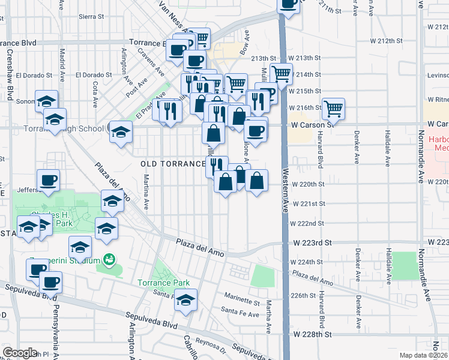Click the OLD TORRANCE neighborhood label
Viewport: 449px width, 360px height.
(x=173, y=164)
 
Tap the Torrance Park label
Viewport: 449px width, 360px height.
(x=164, y=283)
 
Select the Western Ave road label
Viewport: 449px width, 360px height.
(x=284, y=209)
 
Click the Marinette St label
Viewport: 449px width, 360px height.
(x=241, y=296)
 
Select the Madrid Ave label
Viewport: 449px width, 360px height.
(x=61, y=61)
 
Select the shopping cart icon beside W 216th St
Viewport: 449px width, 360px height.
(x=333, y=109)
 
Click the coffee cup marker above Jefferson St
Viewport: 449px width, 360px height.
(x=49, y=179)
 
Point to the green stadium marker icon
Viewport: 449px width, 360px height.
(x=109, y=260)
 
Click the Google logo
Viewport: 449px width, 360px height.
(x=20, y=353)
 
